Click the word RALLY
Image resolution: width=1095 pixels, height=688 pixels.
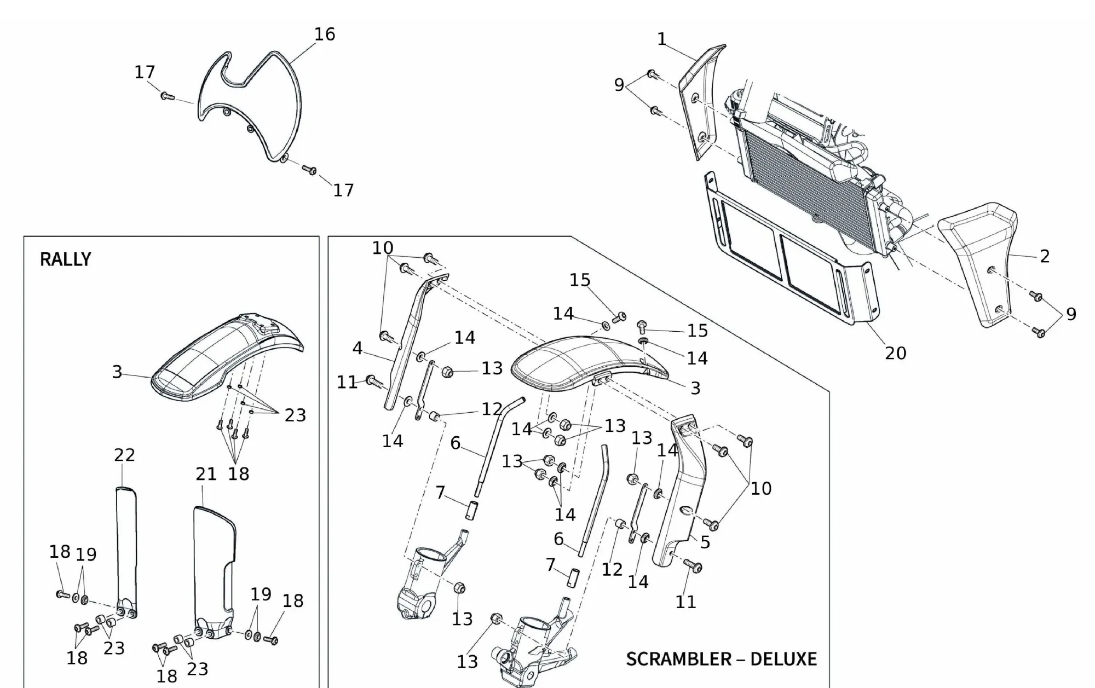(65, 259)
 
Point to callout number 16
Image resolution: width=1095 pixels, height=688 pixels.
(324, 34)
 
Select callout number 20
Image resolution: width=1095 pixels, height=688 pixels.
(896, 353)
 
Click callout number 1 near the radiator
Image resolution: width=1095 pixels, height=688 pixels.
(662, 39)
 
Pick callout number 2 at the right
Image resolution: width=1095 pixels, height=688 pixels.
(1045, 256)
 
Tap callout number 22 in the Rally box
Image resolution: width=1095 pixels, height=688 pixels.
(124, 455)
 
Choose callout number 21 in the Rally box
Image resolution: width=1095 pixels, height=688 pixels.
(206, 474)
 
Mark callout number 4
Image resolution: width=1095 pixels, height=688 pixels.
(358, 348)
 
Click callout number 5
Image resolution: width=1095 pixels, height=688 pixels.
(705, 542)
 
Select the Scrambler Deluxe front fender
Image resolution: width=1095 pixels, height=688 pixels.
(586, 361)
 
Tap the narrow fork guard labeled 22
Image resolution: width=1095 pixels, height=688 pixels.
(126, 547)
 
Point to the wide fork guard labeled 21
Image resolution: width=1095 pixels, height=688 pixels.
(214, 569)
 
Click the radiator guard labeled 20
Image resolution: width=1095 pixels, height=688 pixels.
(788, 263)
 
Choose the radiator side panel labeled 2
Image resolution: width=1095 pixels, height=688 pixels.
(980, 263)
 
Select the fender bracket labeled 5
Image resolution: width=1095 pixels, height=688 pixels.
(684, 493)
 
